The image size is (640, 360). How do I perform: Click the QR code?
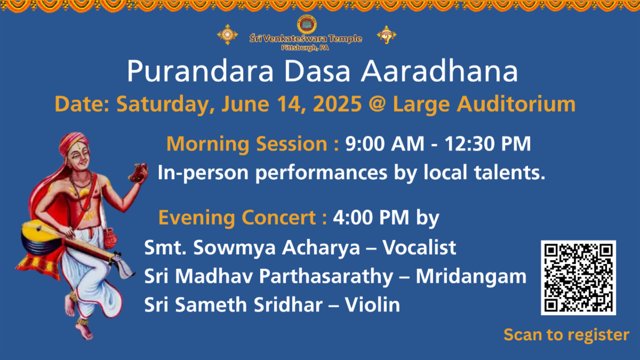[x=578, y=278]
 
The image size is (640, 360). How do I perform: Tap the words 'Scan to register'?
[x=566, y=335]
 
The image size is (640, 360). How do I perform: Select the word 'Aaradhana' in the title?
[x=439, y=71]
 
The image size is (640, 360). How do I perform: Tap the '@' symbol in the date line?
[x=378, y=105]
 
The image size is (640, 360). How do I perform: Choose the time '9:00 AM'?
[x=385, y=143]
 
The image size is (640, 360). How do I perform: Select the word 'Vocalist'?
[x=419, y=247]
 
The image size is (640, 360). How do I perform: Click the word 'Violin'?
[x=372, y=305]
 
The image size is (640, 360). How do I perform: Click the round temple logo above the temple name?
[x=307, y=25]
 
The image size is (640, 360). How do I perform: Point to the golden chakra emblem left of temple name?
[x=227, y=35]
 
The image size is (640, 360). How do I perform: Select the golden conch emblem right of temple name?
[x=387, y=35]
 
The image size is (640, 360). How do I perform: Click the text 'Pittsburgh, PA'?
[x=305, y=48]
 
